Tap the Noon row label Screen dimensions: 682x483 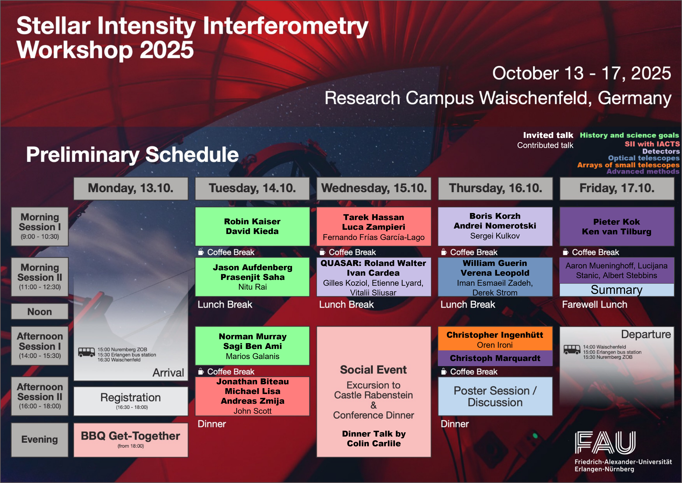click(x=40, y=311)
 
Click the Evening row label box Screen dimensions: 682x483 click(x=40, y=440)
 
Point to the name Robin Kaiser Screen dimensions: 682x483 click(x=252, y=221)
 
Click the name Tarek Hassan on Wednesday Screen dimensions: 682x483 click(x=374, y=217)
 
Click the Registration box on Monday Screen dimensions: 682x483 click(x=131, y=401)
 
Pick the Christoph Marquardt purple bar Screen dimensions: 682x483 click(x=495, y=358)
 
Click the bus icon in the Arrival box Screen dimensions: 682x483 click(x=86, y=352)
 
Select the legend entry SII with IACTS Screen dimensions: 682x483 click(x=652, y=144)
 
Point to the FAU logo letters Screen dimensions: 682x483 click(x=605, y=443)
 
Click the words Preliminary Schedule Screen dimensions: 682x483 click(x=132, y=155)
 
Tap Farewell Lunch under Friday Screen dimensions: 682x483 click(x=595, y=305)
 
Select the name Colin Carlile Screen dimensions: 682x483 click(x=374, y=443)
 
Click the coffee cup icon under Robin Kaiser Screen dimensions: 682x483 click(x=201, y=252)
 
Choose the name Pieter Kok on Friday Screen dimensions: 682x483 click(x=617, y=222)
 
